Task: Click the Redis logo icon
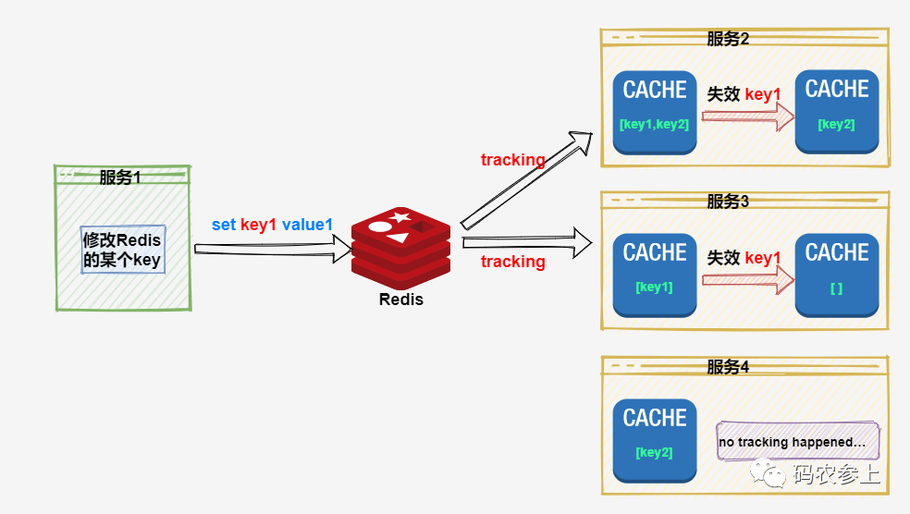[400, 243]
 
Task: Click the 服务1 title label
[121, 177]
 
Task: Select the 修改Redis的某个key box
[122, 250]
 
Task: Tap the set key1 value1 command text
[272, 225]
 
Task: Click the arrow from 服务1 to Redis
[273, 248]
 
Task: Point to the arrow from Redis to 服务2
[526, 179]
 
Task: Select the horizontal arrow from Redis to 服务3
[526, 243]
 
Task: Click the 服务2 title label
[728, 39]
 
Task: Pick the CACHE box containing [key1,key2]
[655, 112]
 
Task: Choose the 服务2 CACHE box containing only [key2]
[837, 112]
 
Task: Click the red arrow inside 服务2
[747, 116]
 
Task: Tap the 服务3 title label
[728, 202]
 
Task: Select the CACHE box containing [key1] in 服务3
[655, 275]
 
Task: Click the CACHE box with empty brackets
[837, 275]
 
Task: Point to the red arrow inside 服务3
[747, 280]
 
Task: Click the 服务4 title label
[728, 367]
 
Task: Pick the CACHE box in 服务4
[655, 440]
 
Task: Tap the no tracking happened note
[797, 442]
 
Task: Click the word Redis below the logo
[400, 300]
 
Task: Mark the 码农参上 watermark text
[836, 475]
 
